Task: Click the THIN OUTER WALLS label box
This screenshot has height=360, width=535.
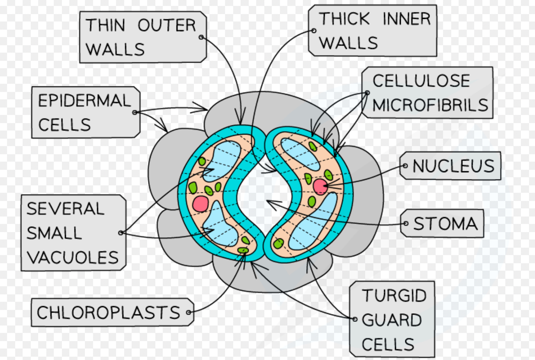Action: (143, 37)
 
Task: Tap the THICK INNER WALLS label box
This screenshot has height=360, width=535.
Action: (373, 31)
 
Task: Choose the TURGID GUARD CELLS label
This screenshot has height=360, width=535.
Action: (392, 320)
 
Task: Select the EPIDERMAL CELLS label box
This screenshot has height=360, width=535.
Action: (86, 112)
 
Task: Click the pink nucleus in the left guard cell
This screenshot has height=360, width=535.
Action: (200, 204)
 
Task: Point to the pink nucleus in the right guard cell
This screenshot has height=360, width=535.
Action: (320, 186)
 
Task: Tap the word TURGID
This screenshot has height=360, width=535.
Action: (394, 296)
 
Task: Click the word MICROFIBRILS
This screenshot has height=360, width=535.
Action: (430, 105)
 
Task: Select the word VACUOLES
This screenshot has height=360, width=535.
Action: (73, 257)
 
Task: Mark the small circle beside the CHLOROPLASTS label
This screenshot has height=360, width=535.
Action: (189, 313)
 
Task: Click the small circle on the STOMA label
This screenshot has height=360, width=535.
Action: (406, 224)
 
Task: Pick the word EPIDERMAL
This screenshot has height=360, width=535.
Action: (85, 100)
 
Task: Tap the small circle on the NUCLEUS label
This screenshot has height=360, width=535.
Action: (405, 166)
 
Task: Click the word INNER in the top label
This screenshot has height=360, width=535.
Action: (406, 19)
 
